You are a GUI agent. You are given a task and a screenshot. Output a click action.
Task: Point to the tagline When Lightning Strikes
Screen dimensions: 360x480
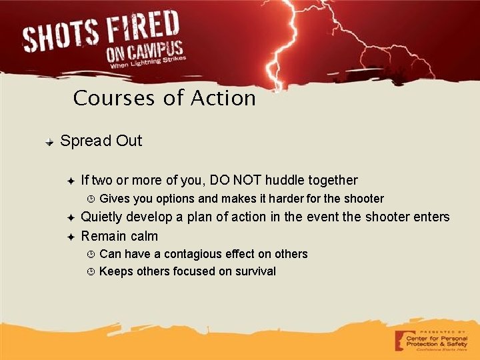pyautogui.click(x=148, y=63)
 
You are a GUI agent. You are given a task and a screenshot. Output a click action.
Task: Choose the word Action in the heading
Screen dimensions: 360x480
pyautogui.click(x=223, y=99)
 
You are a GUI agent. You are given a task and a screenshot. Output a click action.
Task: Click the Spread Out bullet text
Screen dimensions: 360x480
pyautogui.click(x=101, y=141)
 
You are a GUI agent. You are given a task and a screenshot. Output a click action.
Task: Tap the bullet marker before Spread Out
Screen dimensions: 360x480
pyautogui.click(x=49, y=142)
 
